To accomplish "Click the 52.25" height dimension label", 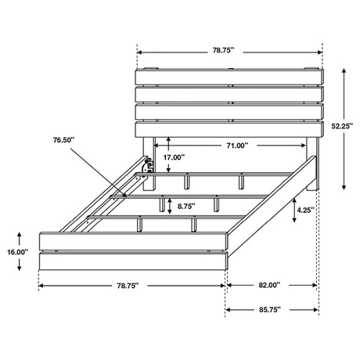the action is tap(342, 126).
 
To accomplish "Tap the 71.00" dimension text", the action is tap(237, 146).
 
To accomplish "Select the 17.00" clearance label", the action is tap(174, 157).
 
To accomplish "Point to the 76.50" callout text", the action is tap(64, 140).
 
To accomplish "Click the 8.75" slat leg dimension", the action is tap(186, 206).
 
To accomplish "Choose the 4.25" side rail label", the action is tap(305, 211).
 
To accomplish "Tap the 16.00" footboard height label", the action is tap(17, 252).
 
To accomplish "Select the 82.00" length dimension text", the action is tap(269, 285).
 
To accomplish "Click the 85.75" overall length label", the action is tap(270, 310).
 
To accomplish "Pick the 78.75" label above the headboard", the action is tap(224, 50).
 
